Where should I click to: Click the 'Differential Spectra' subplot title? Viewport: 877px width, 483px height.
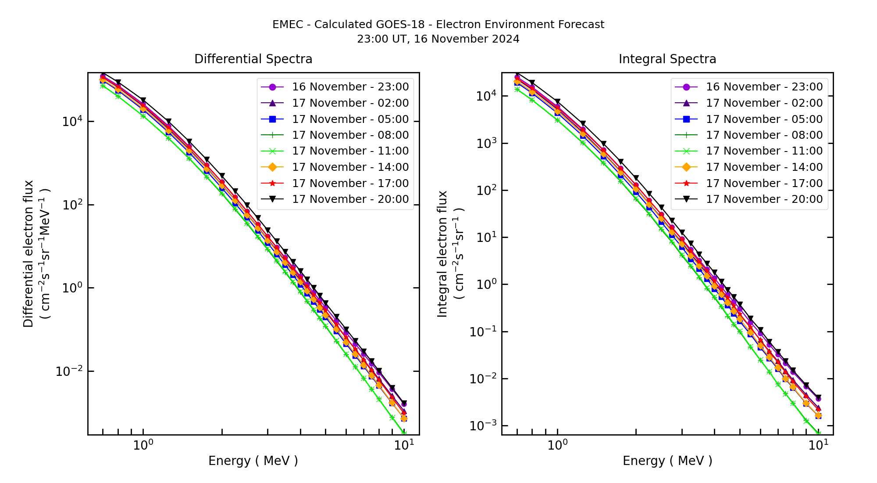253,59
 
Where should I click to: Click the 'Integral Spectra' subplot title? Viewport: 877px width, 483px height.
667,59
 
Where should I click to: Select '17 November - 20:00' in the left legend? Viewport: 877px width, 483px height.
350,199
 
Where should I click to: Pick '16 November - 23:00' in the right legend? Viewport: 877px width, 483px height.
764,87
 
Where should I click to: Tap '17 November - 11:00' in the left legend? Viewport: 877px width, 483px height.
350,151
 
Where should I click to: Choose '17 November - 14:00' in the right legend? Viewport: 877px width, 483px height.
764,167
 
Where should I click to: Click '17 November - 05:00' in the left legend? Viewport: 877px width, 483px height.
350,119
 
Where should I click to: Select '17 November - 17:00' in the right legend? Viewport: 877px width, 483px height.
764,184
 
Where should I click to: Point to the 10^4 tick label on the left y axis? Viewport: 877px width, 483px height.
71,122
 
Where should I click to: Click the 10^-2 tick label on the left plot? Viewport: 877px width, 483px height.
68,371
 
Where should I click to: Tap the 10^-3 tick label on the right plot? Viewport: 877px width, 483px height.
482,426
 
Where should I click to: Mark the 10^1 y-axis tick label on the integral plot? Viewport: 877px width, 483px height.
485,238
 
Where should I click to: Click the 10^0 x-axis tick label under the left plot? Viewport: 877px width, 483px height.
143,445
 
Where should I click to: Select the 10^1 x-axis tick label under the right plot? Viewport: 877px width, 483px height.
818,445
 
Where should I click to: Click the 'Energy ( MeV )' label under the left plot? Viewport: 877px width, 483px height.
253,461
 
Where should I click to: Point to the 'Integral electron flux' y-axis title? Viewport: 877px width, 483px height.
443,254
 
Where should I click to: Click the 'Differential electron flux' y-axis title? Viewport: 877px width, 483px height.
29,254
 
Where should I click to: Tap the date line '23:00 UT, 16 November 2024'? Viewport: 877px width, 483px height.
438,39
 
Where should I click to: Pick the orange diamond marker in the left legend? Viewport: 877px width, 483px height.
272,167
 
